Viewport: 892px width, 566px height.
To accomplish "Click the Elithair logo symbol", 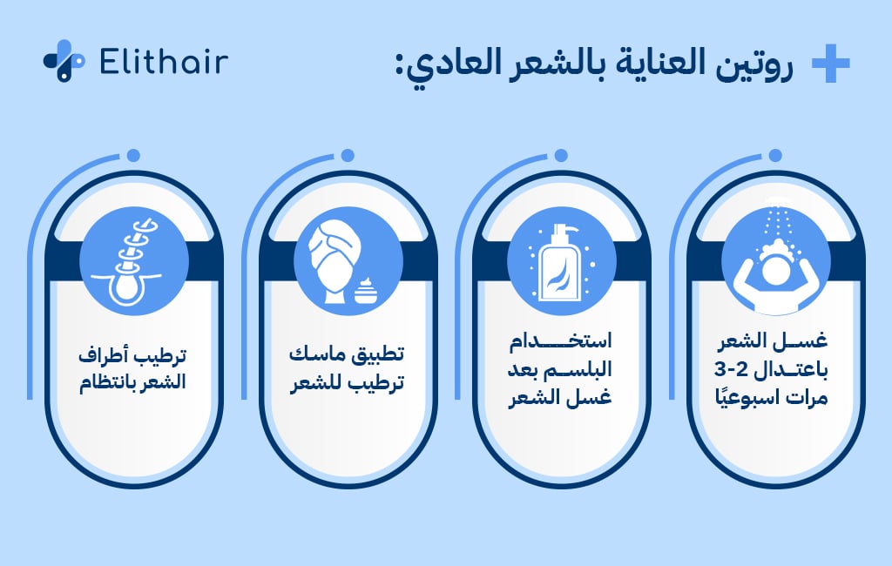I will coord(63,61).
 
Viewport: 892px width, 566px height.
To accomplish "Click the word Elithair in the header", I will coord(164,61).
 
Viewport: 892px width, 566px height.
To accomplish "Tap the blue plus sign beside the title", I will coord(829,64).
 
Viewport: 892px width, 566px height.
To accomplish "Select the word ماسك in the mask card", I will coord(316,357).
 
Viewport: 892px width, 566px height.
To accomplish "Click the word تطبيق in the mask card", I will coord(376,357).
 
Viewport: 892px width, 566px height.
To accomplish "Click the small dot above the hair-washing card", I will coord(776,155).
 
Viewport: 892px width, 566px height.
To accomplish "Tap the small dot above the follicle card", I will coord(133,155).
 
